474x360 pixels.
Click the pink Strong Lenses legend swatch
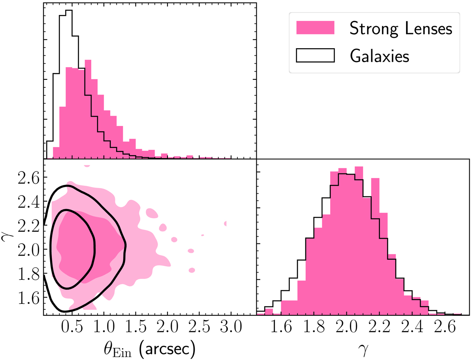point(315,28)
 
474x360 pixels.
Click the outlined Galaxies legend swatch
point(315,56)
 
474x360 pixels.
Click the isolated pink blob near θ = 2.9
point(225,223)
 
